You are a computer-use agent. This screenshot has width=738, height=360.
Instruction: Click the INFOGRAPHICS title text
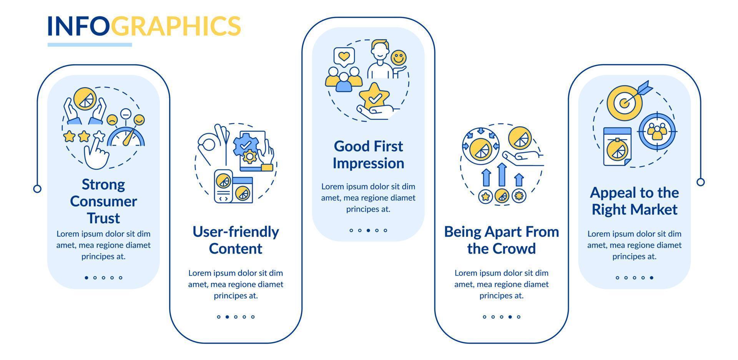coord(144,26)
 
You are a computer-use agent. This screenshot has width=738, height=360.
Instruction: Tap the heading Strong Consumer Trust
coord(103,201)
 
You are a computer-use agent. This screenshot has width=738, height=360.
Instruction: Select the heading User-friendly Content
coord(236,240)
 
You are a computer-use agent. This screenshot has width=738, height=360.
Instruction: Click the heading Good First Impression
coord(368,154)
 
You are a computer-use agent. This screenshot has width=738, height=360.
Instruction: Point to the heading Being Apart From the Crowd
coord(501,240)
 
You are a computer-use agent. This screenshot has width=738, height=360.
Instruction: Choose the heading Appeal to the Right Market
coord(634,201)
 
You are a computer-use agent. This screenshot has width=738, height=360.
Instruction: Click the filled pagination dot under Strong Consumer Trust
coord(86,277)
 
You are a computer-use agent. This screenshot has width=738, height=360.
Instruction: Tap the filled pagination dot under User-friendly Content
coord(227,317)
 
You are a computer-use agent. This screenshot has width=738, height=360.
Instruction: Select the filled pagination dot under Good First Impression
coord(368,231)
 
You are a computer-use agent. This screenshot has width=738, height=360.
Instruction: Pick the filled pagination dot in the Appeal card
coord(652,277)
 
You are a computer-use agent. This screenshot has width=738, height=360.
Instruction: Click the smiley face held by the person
coord(399,58)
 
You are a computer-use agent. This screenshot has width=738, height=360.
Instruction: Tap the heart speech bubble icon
coord(344,56)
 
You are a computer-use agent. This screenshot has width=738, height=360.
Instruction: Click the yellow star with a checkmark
coord(374,96)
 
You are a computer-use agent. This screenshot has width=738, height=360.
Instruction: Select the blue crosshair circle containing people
coord(657,131)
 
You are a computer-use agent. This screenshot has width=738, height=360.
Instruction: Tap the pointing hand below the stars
coord(96,152)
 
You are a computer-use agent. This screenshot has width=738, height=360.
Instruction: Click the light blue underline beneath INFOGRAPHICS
coord(90,45)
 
